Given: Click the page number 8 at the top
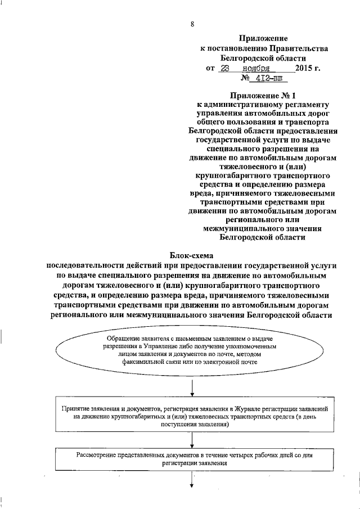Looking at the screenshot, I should (192, 24).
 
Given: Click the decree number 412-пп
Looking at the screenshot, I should (264, 79).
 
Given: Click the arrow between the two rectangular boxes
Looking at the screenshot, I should (192, 442).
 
